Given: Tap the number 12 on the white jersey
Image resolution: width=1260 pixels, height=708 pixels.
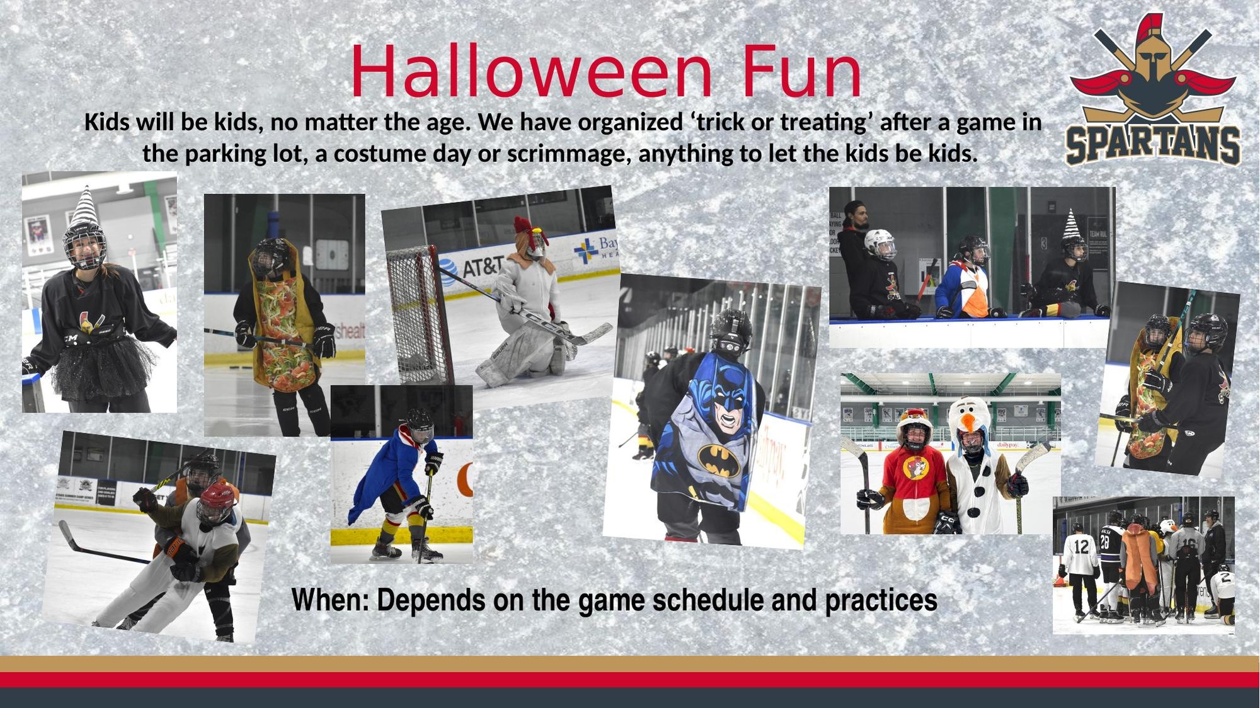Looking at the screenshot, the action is (1081, 547).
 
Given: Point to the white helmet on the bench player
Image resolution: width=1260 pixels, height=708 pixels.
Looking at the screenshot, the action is (879, 244).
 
